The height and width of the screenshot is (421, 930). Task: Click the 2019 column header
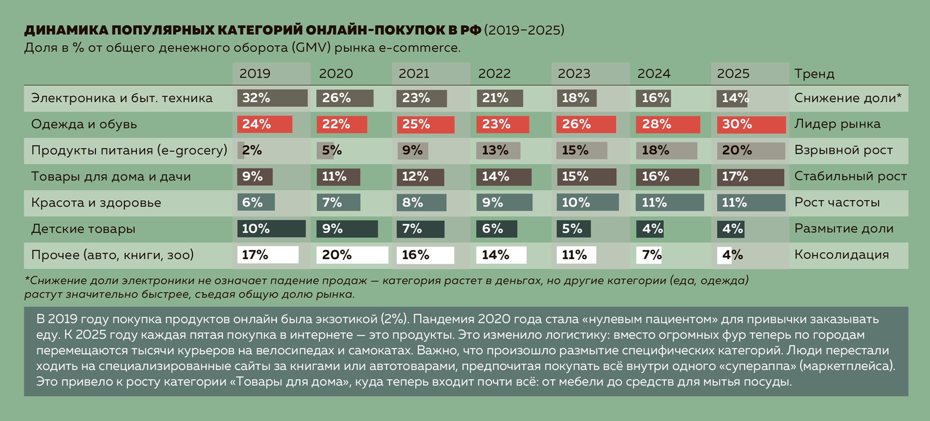tap(255, 74)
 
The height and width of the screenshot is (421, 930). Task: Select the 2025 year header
tap(733, 74)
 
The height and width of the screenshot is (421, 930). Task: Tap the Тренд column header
tap(814, 74)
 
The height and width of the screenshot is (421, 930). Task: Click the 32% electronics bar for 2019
tap(272, 98)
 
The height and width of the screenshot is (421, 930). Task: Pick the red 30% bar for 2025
tap(751, 125)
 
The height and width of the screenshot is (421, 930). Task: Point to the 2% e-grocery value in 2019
tap(251, 150)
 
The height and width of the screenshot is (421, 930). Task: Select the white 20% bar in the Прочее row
tap(352, 255)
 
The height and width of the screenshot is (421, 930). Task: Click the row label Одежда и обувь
tap(84, 124)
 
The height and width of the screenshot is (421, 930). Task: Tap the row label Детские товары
tap(83, 229)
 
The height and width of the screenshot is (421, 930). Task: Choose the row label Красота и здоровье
tap(96, 203)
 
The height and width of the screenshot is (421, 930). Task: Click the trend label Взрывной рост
tap(843, 150)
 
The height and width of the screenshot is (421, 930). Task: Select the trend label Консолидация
tap(841, 255)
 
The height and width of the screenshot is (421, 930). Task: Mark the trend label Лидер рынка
tap(837, 124)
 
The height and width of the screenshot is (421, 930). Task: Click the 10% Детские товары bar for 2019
tap(271, 229)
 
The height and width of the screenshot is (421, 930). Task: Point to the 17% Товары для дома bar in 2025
tap(750, 177)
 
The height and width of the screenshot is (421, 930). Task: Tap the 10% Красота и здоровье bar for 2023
tap(587, 203)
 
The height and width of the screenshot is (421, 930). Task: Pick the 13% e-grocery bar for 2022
tap(498, 150)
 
